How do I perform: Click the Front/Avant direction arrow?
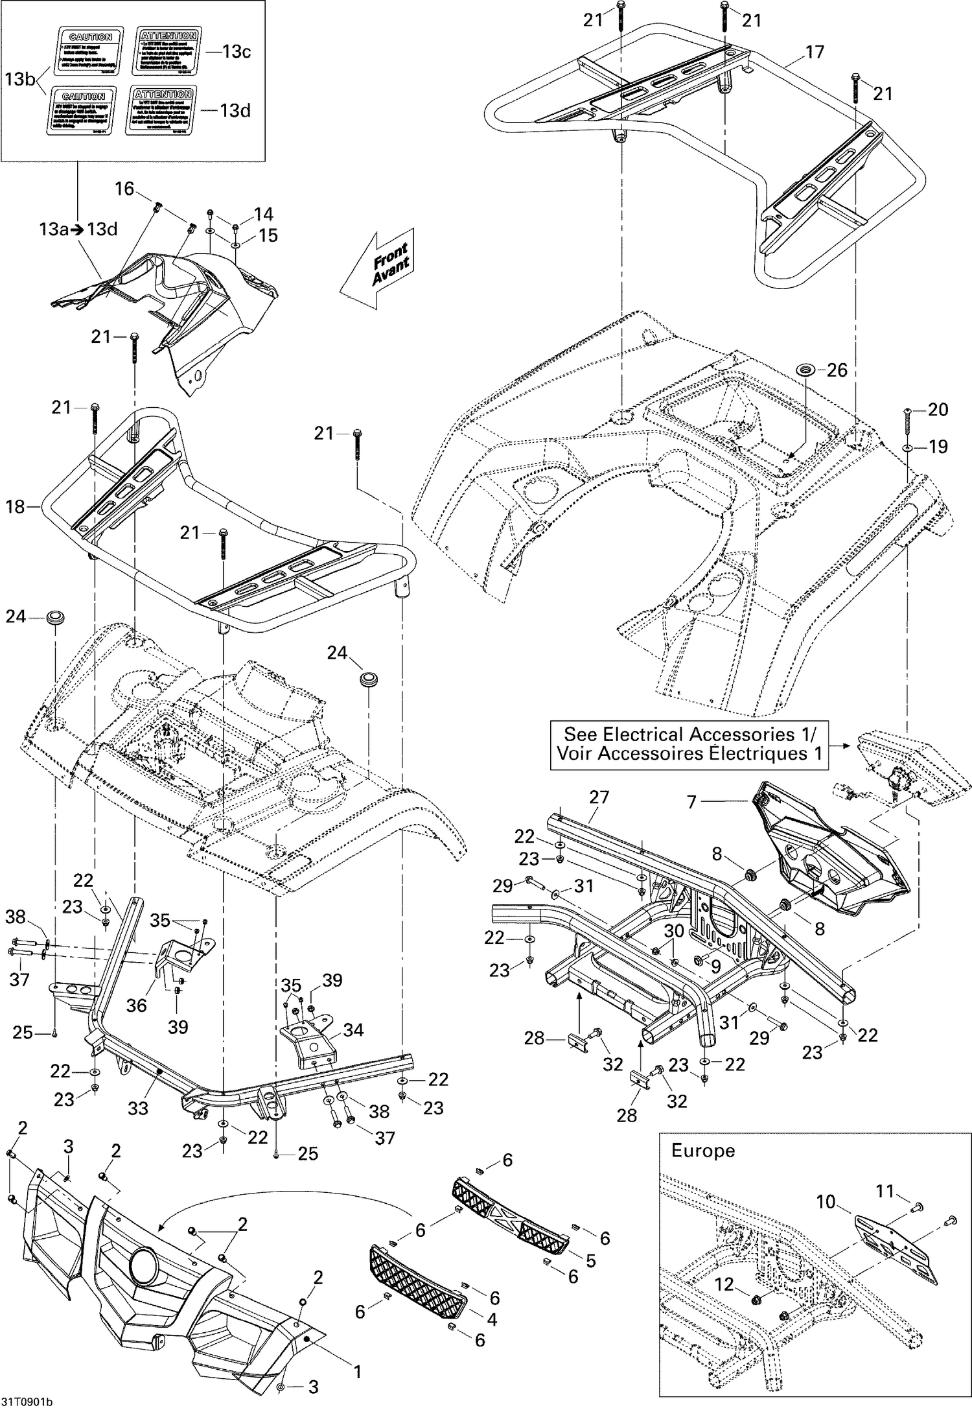click(x=379, y=267)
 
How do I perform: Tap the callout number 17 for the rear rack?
click(x=814, y=52)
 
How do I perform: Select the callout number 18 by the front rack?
click(x=15, y=506)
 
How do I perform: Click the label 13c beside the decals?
click(x=237, y=52)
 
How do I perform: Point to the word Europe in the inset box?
click(x=702, y=1151)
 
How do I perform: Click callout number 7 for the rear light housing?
click(x=691, y=802)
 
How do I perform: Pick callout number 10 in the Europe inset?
click(x=826, y=1202)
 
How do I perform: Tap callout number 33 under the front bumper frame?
click(x=138, y=1108)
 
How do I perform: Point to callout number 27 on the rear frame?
click(x=599, y=797)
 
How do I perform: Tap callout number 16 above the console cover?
click(x=124, y=189)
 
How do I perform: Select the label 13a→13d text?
click(x=78, y=229)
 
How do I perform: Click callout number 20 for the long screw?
click(x=938, y=409)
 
